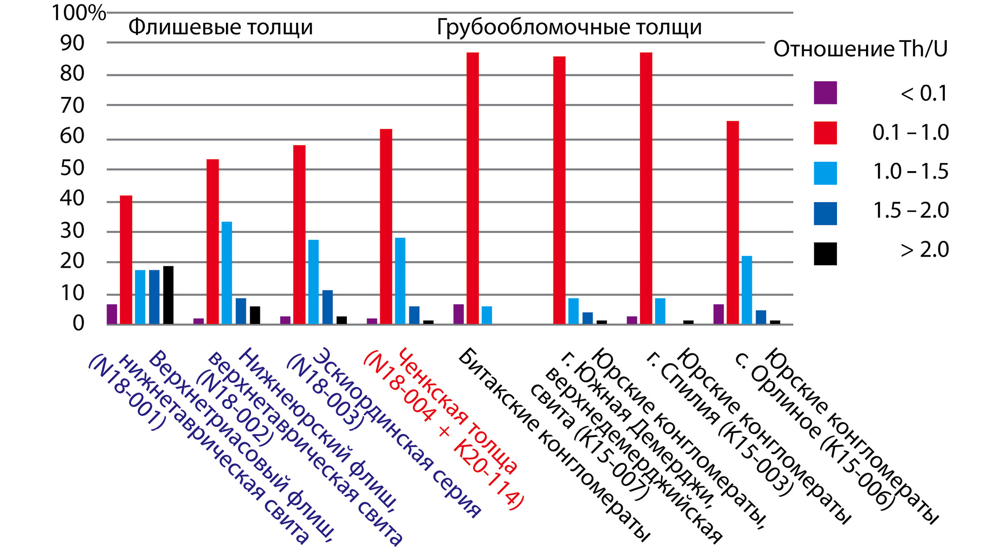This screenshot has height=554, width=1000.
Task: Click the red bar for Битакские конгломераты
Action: [x=473, y=188]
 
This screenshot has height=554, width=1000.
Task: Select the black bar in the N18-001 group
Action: [x=168, y=295]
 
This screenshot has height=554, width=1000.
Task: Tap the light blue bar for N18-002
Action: [x=226, y=273]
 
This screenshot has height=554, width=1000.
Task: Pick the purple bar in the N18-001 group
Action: [x=112, y=314]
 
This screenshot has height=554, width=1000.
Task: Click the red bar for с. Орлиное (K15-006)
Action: [x=732, y=222]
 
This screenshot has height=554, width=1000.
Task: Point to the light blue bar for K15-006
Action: [x=747, y=290]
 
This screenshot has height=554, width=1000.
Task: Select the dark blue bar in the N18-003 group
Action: [x=328, y=307]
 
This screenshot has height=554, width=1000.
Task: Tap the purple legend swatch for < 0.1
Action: [x=825, y=93]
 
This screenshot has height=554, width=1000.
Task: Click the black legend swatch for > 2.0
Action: [x=825, y=254]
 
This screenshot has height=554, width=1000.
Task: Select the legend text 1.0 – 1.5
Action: [x=910, y=172]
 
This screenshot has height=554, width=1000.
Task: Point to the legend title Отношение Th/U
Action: [x=860, y=49]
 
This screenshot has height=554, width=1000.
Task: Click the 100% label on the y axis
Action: [x=78, y=13]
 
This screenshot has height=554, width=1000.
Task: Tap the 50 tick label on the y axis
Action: [x=72, y=169]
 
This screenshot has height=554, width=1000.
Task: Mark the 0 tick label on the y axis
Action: [x=78, y=323]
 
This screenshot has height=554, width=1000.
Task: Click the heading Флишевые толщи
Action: [x=221, y=28]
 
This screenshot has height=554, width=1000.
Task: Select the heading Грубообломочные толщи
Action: [x=569, y=28]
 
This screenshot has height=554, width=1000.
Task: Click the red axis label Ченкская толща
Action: [x=457, y=411]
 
